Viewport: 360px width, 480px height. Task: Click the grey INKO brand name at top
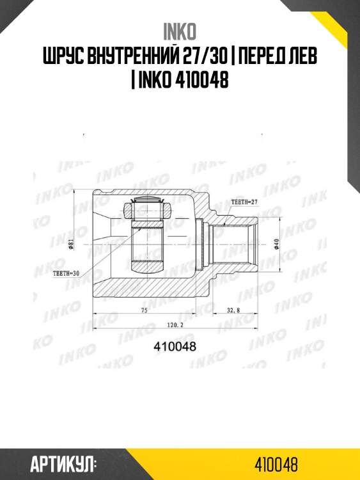180,31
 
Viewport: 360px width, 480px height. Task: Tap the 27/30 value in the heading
201,56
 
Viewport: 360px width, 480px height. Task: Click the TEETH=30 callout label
66,274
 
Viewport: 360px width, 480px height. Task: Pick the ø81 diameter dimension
71,244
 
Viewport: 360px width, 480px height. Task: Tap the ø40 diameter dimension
276,244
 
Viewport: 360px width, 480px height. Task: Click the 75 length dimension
145,310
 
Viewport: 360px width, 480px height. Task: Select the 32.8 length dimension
233,310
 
